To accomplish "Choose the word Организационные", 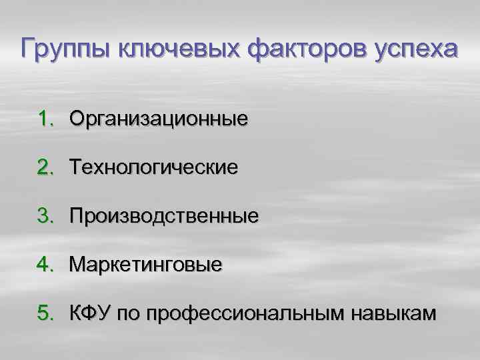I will (159, 119).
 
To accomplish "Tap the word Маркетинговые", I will (146, 265).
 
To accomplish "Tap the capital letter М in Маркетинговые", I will (77, 265).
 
